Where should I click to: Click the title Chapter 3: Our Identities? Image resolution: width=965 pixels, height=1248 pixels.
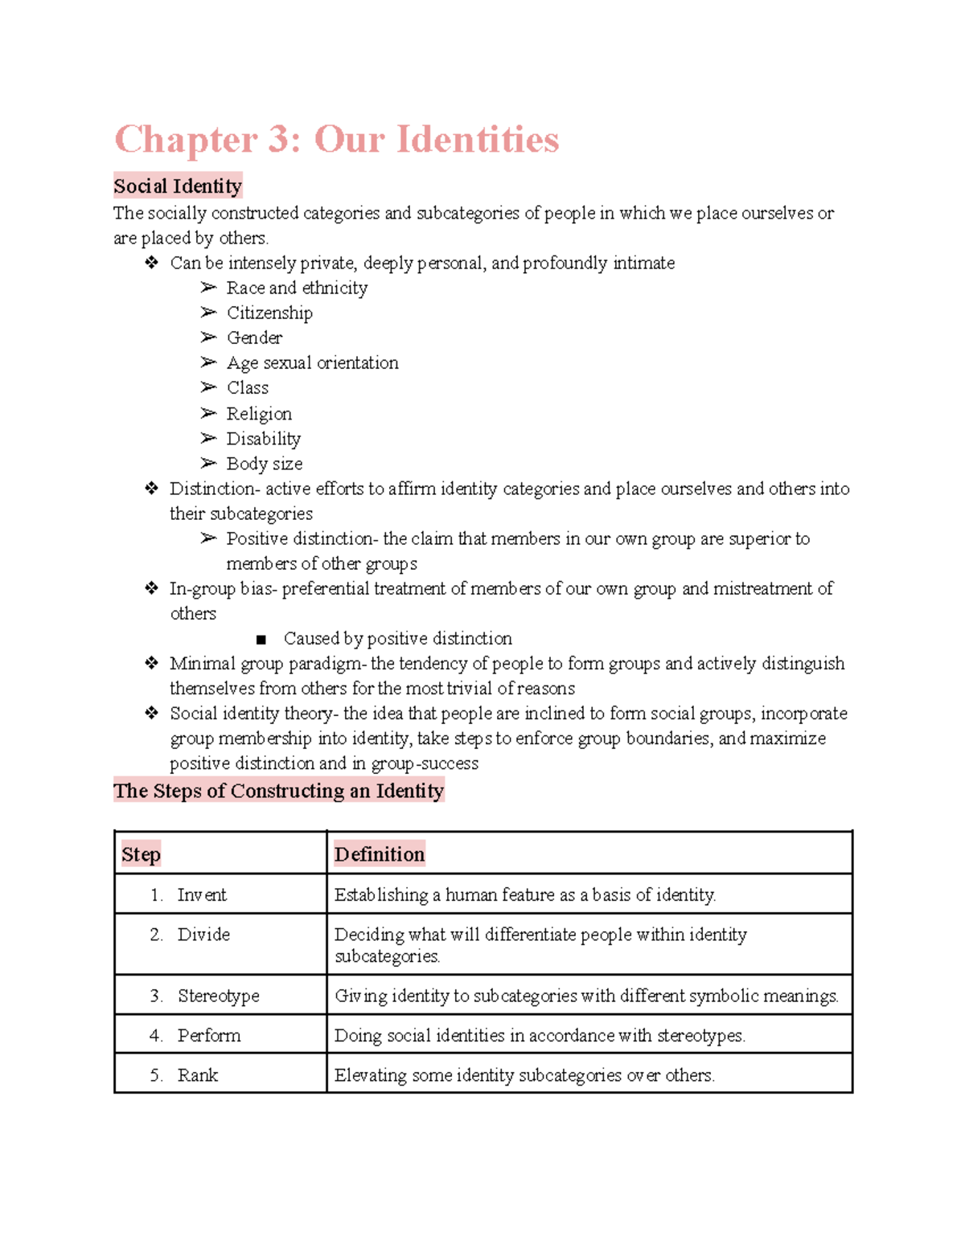point(336,140)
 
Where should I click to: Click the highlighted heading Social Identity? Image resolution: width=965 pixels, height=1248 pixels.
point(178,186)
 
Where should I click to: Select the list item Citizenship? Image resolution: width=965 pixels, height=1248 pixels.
point(269,313)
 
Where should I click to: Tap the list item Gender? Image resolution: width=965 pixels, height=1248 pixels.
point(254,338)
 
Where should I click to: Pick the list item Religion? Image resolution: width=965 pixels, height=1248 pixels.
point(259,414)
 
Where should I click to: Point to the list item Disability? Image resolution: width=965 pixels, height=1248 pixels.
point(263,439)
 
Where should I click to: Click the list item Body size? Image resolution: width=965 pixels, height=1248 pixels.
point(265,464)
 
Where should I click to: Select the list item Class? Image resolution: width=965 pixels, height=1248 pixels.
point(248,387)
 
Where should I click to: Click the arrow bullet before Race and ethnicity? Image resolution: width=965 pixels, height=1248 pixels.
point(208,288)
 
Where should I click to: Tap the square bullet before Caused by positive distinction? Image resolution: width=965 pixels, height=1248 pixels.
point(261,640)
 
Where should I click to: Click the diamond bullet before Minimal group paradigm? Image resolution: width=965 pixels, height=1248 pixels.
point(151,663)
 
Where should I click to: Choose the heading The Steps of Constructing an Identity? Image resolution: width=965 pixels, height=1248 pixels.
point(278,791)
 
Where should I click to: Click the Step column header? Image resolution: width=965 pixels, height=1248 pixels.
point(142,854)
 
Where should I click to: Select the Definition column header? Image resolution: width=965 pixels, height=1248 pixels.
point(379,854)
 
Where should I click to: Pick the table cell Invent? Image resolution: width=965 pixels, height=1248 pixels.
point(202,894)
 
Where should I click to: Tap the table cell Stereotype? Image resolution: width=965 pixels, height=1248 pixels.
point(218,996)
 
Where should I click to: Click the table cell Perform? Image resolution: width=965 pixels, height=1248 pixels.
point(209,1035)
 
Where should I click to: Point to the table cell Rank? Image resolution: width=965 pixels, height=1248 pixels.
point(198,1074)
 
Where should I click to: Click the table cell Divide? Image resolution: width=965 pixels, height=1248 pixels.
point(203,935)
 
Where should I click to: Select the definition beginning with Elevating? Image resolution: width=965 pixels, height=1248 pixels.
point(524,1074)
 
